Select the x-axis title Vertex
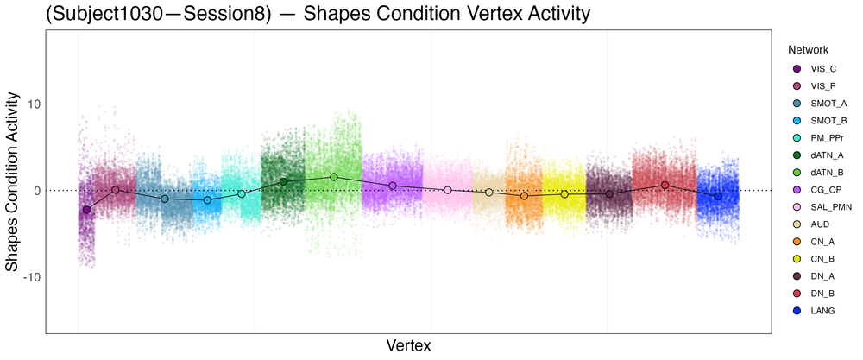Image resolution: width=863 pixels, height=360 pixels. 406,345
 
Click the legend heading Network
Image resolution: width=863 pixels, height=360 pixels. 802,50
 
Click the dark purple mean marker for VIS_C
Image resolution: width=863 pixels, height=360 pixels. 86,210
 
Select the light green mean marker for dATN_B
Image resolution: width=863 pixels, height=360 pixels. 334,177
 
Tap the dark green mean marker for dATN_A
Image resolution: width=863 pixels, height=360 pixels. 283,181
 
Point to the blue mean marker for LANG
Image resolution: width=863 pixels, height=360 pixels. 718,197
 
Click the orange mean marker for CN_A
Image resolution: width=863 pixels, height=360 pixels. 524,197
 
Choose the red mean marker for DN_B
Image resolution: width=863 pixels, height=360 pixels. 665,185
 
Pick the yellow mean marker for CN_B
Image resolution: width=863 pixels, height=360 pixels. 564,194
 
